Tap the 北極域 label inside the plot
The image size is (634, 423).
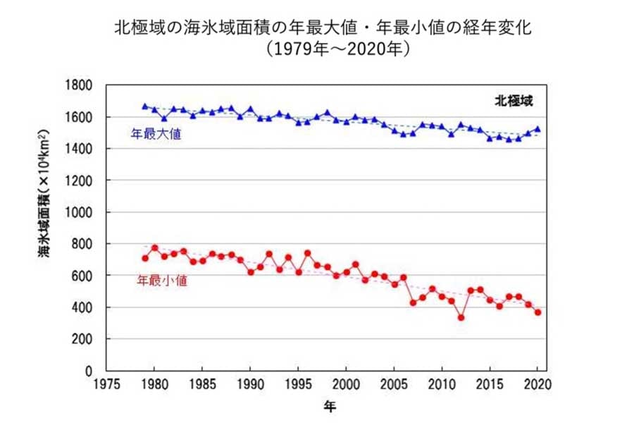(512, 100)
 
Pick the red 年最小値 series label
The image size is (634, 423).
(156, 280)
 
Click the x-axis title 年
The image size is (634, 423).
(329, 407)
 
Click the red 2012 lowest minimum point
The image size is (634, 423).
(461, 317)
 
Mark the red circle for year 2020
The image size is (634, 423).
(537, 312)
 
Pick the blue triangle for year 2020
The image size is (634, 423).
(537, 129)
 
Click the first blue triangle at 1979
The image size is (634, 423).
(145, 106)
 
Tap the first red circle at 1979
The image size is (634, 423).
(145, 258)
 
